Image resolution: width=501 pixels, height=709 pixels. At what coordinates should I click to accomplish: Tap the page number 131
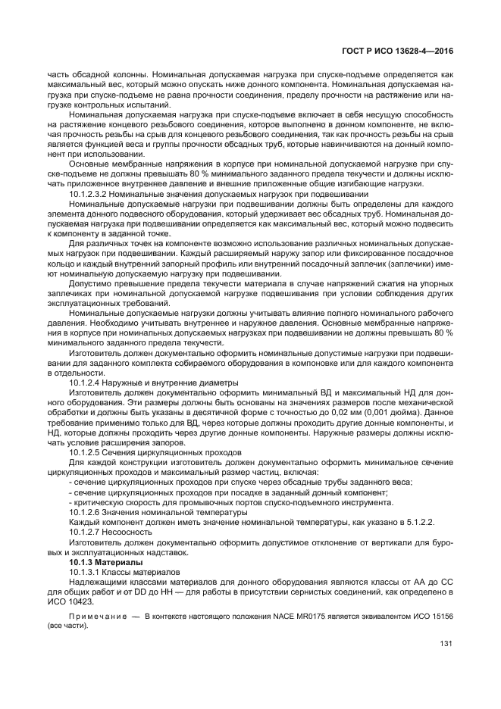446,645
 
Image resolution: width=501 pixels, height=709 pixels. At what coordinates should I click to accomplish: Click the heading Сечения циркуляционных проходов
171,452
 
